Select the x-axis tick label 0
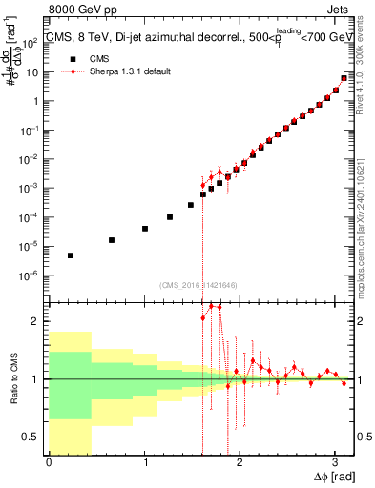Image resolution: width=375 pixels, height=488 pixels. coord(49,462)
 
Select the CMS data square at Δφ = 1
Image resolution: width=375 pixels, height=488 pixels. coord(145,229)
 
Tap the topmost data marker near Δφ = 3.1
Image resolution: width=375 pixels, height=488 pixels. coord(344,78)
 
